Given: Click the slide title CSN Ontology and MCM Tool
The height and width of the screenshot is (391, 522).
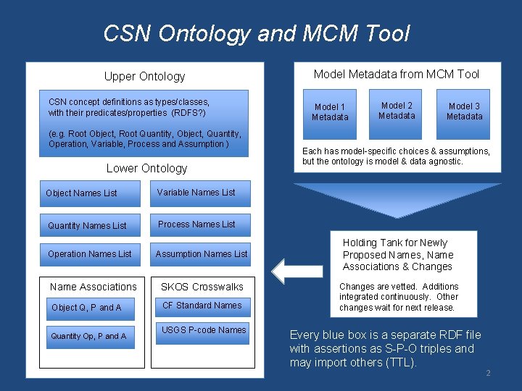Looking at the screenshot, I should coord(257,33).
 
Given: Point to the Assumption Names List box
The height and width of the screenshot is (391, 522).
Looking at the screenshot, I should coord(201,254).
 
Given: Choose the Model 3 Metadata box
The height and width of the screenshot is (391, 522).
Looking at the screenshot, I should coord(464,112).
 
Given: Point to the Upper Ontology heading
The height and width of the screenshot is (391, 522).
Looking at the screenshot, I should coord(144,77).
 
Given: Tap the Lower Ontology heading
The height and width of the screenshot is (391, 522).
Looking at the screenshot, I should coord(146,169).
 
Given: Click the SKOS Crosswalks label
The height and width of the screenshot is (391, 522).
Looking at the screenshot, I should coord(202,287).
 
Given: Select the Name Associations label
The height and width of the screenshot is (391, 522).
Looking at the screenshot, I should coord(93,287).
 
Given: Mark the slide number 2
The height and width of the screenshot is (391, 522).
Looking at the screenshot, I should coord(488,373).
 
